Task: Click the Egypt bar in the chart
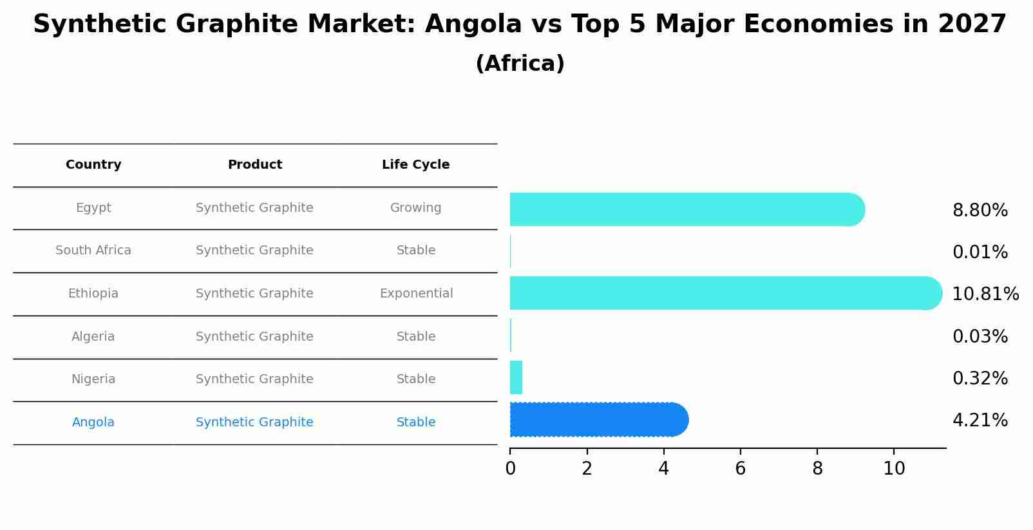pyautogui.click(x=687, y=209)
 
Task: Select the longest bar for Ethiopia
pyautogui.click(x=725, y=293)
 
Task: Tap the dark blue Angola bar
pyautogui.click(x=599, y=420)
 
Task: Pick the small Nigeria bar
pyautogui.click(x=516, y=377)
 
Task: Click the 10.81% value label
pyautogui.click(x=985, y=294)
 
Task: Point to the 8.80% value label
pyautogui.click(x=980, y=211)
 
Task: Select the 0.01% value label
pyautogui.click(x=980, y=252)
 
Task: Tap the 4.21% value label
pyautogui.click(x=980, y=421)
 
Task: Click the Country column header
pyautogui.click(x=93, y=165)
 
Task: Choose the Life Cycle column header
pyautogui.click(x=415, y=165)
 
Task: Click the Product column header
pyautogui.click(x=254, y=165)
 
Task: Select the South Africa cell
pyautogui.click(x=93, y=251)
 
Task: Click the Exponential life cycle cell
pyautogui.click(x=416, y=294)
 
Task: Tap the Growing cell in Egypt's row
pyautogui.click(x=415, y=208)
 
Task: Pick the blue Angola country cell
pyautogui.click(x=93, y=422)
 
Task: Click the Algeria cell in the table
pyautogui.click(x=93, y=337)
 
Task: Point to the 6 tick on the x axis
pyautogui.click(x=740, y=469)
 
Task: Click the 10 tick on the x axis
pyautogui.click(x=894, y=469)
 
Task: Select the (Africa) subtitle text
pyautogui.click(x=520, y=64)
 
